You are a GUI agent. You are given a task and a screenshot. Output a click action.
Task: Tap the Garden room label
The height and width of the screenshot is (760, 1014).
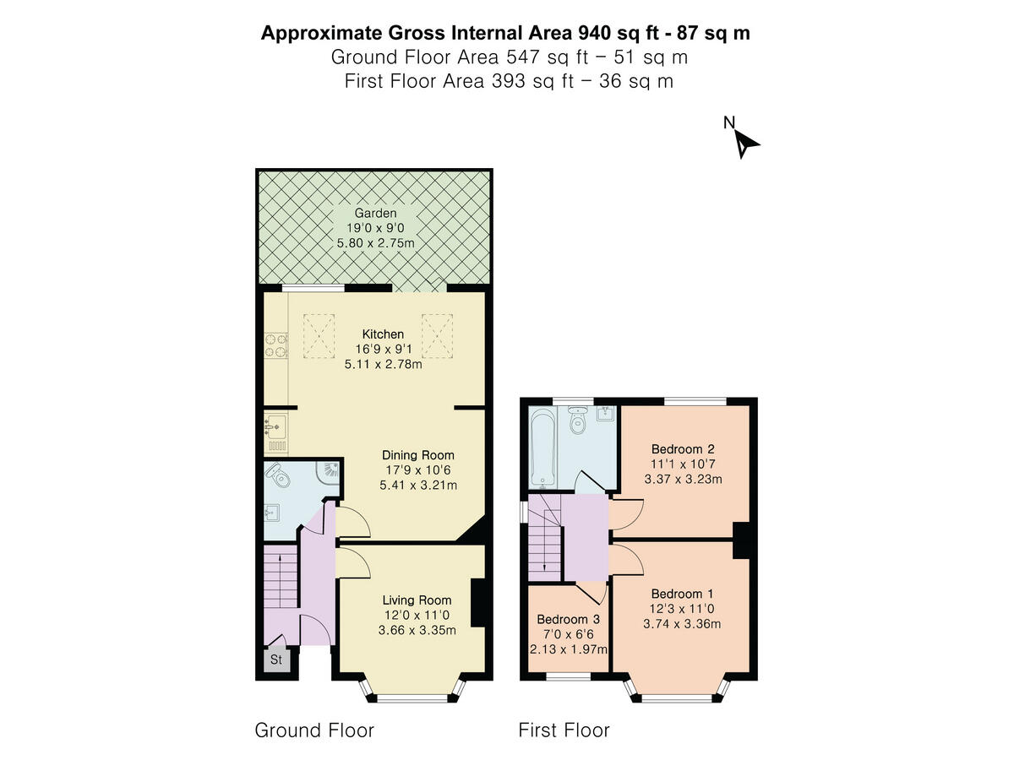click(375, 214)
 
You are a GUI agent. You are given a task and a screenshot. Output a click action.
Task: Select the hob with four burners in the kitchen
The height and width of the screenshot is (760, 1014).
click(275, 344)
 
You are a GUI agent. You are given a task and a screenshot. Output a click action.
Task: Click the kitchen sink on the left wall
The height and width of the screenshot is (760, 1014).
click(275, 432)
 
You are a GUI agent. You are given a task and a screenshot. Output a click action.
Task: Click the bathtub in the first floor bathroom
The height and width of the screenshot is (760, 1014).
click(541, 448)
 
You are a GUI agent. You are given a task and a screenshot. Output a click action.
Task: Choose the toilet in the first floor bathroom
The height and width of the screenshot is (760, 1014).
click(579, 420)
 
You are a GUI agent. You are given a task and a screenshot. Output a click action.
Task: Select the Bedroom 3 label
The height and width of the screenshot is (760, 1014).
click(568, 619)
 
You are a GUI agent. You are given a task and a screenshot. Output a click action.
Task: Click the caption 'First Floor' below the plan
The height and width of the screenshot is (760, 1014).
click(564, 730)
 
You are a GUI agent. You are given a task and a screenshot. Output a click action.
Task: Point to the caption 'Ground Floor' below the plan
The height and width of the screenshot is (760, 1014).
click(314, 730)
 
